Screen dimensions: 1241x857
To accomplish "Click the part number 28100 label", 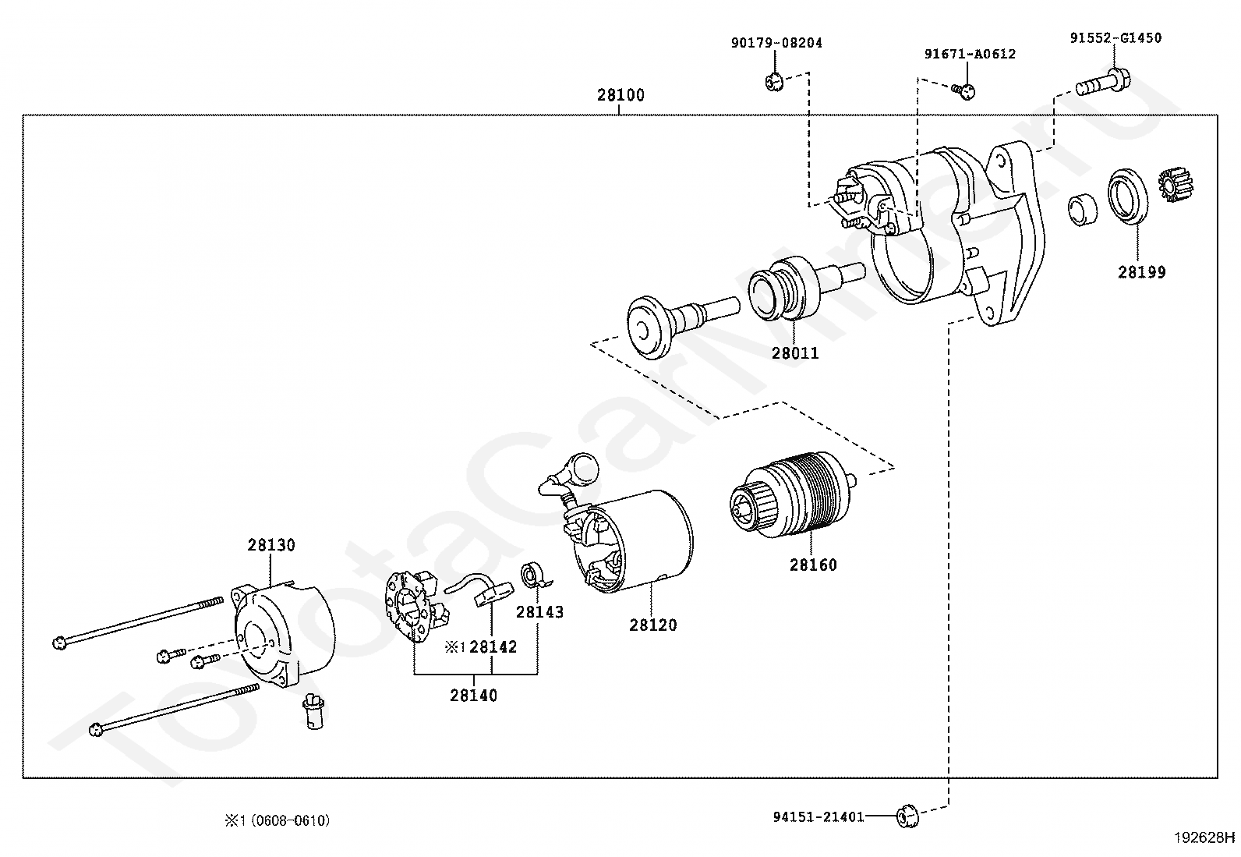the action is point(620,95).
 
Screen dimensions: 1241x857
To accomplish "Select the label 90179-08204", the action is point(776,43).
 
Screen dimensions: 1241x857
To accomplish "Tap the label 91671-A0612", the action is point(970,55).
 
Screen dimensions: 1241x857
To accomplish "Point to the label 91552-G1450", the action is point(1115,38).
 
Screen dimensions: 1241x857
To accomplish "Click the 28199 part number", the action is point(1141,272).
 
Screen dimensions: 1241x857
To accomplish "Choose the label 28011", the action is point(795,353).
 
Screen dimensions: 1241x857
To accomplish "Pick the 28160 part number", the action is point(813,565).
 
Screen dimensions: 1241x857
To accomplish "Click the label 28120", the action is point(652,625).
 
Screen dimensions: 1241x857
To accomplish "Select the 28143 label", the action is point(539,612).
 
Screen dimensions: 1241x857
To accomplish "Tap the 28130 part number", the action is point(271,545).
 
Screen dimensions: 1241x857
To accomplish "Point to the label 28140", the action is point(473,695).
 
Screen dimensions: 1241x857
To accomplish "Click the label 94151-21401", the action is point(818,816).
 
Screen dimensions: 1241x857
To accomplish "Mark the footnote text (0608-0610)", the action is point(290,820).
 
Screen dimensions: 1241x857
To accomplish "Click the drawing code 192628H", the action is point(1204,838).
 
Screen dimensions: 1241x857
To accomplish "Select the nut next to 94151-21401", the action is point(907,816).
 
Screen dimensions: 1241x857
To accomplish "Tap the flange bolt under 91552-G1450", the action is point(1102,84).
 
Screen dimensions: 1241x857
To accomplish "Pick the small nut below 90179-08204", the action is point(775,82).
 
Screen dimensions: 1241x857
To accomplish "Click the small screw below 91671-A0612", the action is point(963,91).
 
